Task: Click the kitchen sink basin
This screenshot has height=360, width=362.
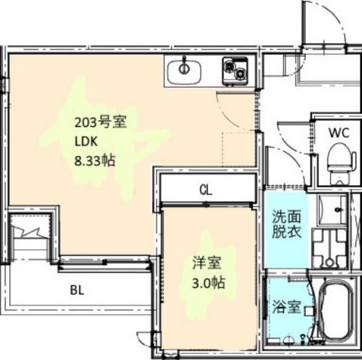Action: pos(184,71)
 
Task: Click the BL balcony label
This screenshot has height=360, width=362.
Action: pos(77,291)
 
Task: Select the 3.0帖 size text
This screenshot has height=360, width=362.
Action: pos(207,281)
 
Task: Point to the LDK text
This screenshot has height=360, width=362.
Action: pos(84,142)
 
